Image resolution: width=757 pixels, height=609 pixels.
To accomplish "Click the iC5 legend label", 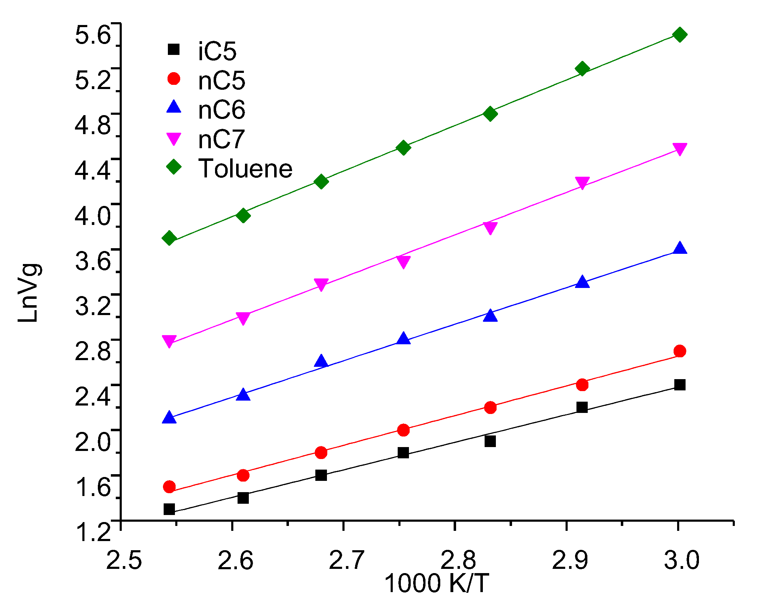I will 217,51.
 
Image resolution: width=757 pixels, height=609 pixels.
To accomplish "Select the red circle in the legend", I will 174,79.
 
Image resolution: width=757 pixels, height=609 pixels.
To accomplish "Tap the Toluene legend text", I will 245,169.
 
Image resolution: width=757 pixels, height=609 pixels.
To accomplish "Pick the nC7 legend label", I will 221,139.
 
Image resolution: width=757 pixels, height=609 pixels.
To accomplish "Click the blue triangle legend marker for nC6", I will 174,107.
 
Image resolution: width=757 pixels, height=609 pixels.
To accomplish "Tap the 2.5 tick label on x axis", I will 124,560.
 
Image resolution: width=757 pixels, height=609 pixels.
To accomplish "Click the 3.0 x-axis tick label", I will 682,560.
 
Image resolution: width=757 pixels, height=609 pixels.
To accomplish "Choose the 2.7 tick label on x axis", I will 347,560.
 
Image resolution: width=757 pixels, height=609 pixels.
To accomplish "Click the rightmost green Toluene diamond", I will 680,34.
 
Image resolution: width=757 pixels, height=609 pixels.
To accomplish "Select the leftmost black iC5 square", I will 169,509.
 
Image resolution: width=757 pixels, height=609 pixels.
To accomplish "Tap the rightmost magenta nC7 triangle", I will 680,149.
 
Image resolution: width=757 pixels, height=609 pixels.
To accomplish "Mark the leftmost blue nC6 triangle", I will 169,417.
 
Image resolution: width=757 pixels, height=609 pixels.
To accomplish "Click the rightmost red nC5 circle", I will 680,351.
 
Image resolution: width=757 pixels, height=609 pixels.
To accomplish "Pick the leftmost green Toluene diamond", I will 169,238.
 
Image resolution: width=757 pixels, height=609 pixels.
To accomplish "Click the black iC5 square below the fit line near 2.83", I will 490,441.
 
